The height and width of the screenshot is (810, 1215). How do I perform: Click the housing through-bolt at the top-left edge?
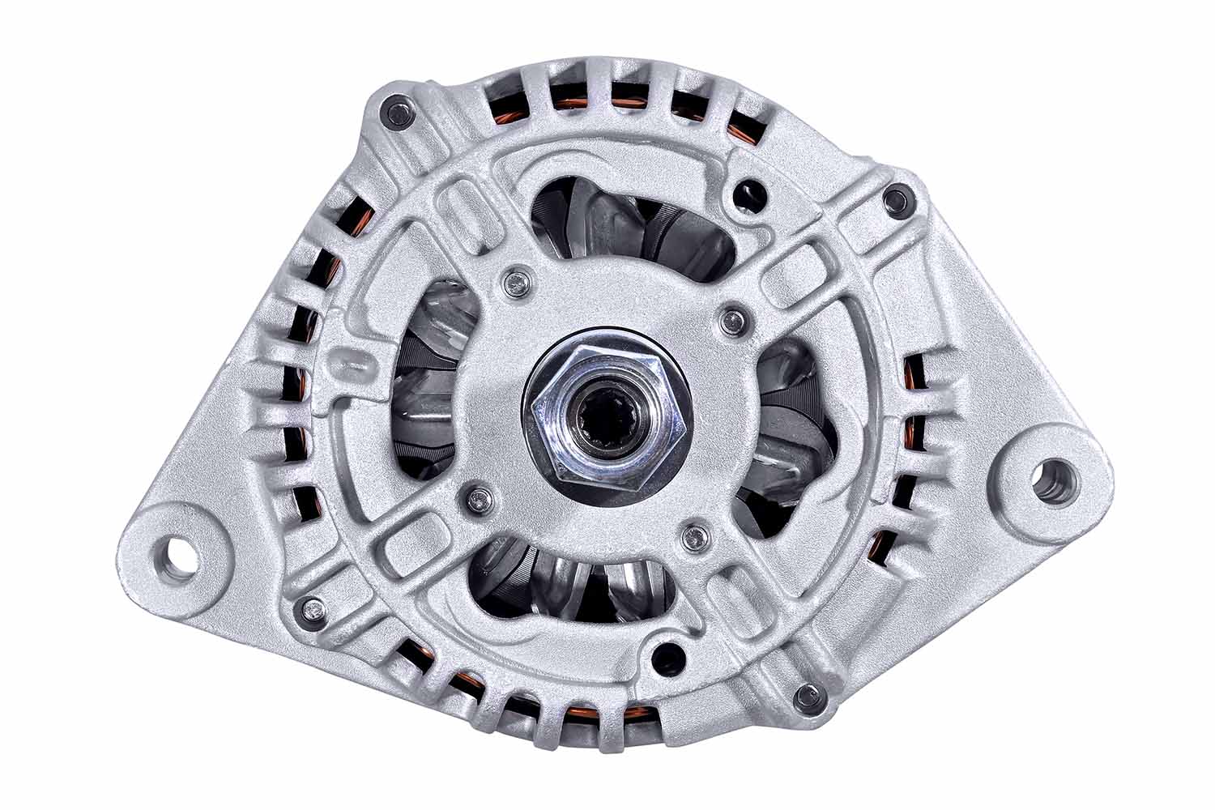(397, 112)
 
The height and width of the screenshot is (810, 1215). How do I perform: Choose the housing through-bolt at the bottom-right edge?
(806, 695)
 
